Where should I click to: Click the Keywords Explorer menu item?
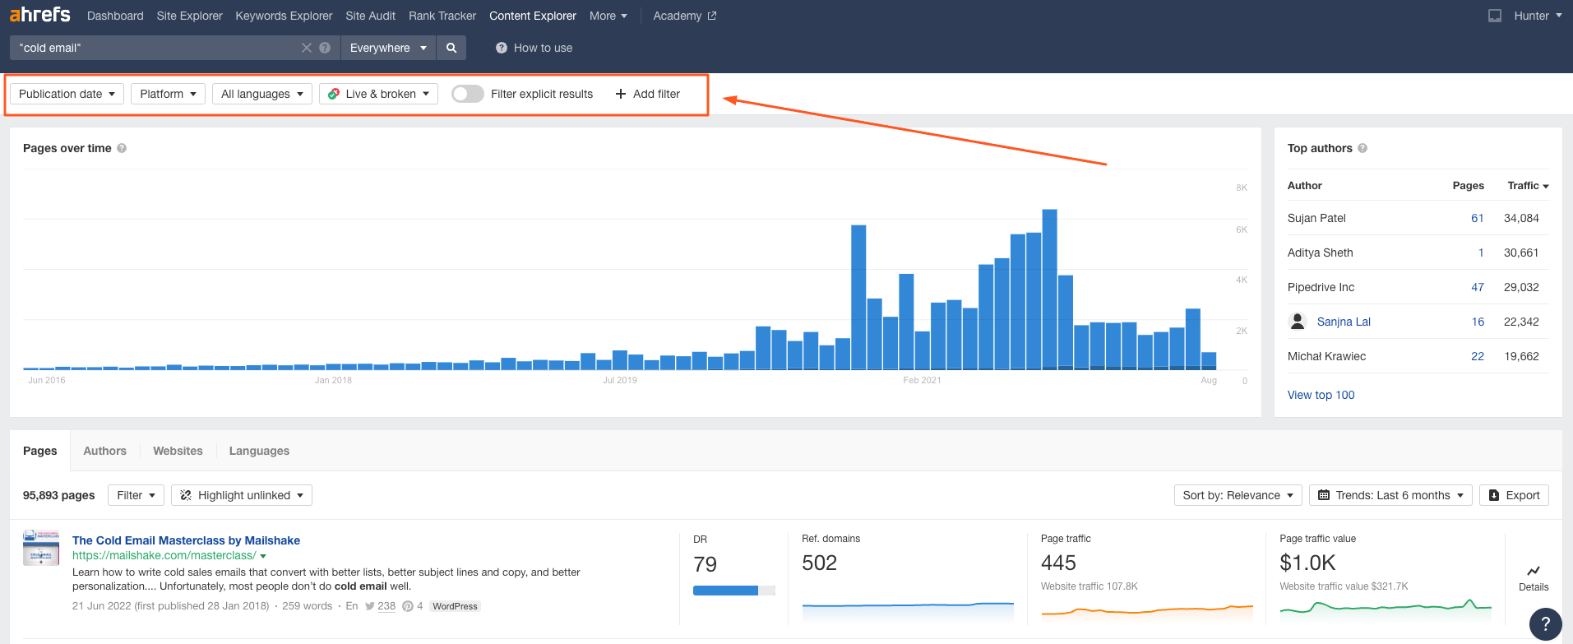(x=284, y=16)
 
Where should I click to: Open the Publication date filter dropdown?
(x=67, y=94)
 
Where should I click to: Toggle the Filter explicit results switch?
(x=467, y=94)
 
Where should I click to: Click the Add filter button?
(x=648, y=94)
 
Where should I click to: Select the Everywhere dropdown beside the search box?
(x=387, y=48)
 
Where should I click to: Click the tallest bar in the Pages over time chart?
(x=1049, y=289)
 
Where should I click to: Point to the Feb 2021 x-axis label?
(x=922, y=380)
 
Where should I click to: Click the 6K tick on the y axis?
(x=1242, y=229)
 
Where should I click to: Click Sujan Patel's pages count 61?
(x=1477, y=218)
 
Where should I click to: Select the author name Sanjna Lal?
(x=1343, y=322)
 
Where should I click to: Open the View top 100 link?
(x=1321, y=395)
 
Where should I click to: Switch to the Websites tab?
(x=178, y=451)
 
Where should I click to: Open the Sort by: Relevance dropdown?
(x=1238, y=495)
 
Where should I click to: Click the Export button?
(x=1514, y=495)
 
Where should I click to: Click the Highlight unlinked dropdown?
(x=242, y=495)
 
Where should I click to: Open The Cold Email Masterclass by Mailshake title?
(x=186, y=540)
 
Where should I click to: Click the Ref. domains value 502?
(x=819, y=563)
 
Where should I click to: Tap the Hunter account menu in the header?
(x=1537, y=16)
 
